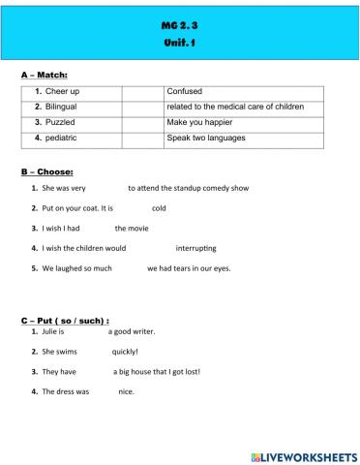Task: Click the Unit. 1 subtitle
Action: click(179, 44)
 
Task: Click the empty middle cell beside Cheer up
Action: click(142, 91)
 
